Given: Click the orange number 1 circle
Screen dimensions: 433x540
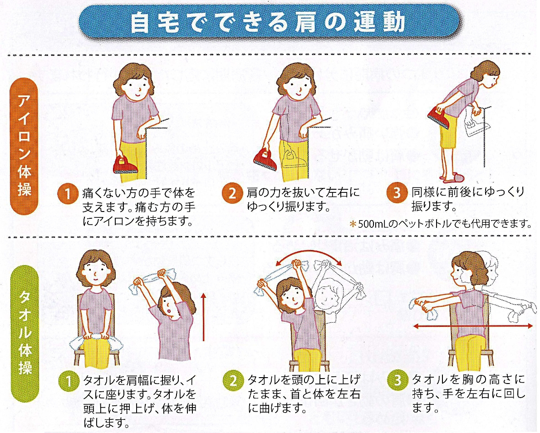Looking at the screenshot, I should click(67, 194).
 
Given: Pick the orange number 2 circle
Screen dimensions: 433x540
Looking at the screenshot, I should click(232, 194).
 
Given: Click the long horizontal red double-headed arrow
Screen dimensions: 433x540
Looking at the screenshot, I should click(474, 326).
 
